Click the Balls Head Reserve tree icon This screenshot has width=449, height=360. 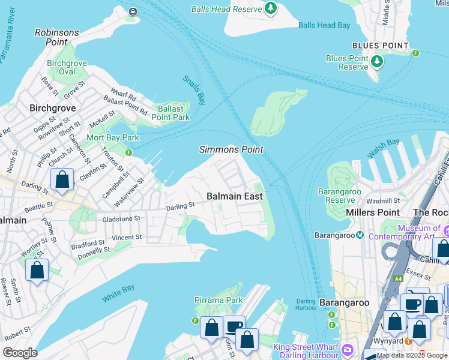pyautogui.click(x=271, y=8)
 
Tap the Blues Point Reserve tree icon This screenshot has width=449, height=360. pyautogui.click(x=376, y=61)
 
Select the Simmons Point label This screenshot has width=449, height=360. pyautogui.click(x=231, y=149)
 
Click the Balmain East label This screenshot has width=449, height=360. pyautogui.click(x=235, y=196)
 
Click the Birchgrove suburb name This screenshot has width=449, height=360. pyautogui.click(x=51, y=109)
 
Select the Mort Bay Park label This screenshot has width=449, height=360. pyautogui.click(x=113, y=138)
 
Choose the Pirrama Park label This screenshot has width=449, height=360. pyautogui.click(x=218, y=300)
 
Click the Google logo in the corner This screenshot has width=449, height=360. pyautogui.click(x=20, y=353)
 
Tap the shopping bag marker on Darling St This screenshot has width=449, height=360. pyautogui.click(x=62, y=180)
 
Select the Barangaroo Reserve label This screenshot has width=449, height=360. pyautogui.click(x=336, y=196)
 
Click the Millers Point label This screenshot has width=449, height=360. pyautogui.click(x=373, y=212)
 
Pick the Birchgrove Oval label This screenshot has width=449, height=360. pyautogui.click(x=67, y=67)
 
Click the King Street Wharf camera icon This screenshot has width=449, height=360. pyautogui.click(x=347, y=349)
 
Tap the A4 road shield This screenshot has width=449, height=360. pyautogui.click(x=398, y=278)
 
